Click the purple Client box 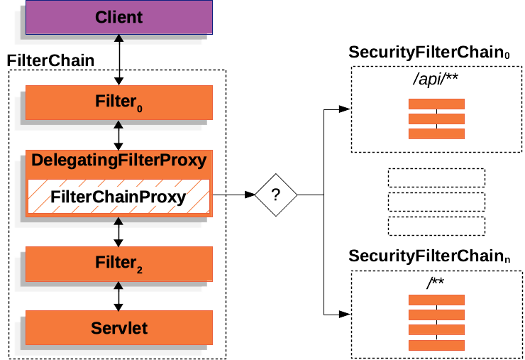click(x=118, y=17)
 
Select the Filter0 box click(x=118, y=102)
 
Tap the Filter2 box click(x=118, y=264)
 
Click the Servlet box click(x=118, y=328)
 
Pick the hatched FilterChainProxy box click(x=118, y=197)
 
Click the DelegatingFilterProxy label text click(x=118, y=161)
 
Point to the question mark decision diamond click(x=276, y=194)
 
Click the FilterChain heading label click(x=50, y=61)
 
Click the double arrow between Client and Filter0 click(x=119, y=60)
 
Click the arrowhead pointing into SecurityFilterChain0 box click(x=345, y=110)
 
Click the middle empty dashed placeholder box click(x=436, y=202)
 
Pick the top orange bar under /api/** click(x=436, y=104)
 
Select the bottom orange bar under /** click(x=436, y=346)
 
